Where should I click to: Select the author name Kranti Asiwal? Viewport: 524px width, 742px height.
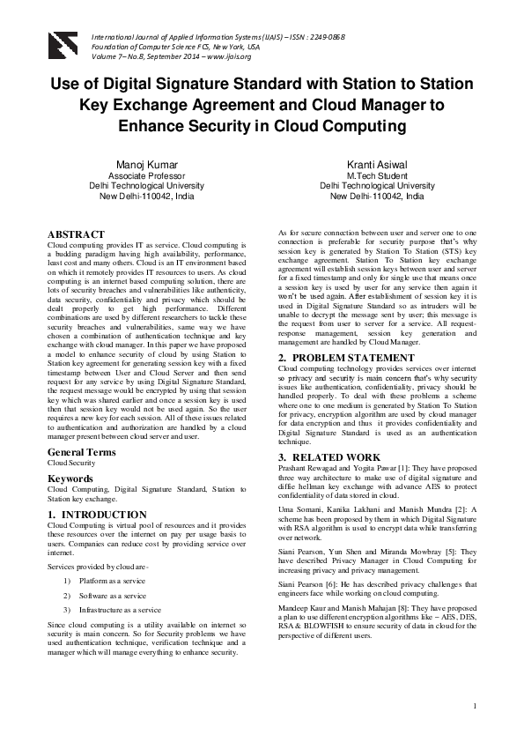point(377,164)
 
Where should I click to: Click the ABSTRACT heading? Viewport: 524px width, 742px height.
point(76,234)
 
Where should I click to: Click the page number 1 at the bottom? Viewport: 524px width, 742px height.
point(474,705)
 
